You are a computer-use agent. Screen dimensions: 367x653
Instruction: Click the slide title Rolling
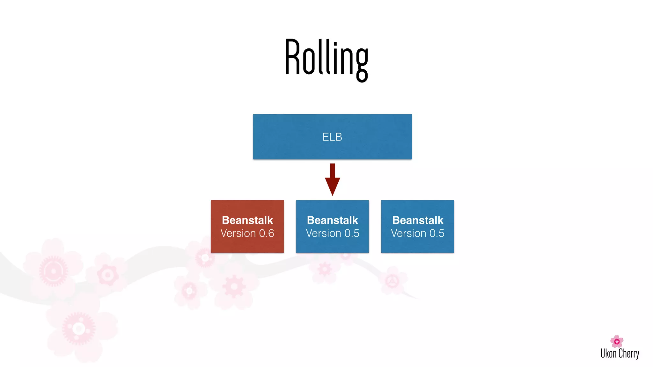point(326,59)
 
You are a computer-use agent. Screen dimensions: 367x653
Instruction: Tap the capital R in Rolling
point(292,57)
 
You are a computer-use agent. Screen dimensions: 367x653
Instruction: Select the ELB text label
point(332,137)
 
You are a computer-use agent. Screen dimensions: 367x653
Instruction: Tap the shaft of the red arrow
point(332,170)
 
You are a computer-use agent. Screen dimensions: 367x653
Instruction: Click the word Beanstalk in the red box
point(247,220)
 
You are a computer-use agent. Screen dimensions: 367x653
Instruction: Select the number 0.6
point(267,234)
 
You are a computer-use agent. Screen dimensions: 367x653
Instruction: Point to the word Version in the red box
point(238,234)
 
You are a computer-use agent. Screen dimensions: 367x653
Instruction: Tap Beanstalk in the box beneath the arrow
point(332,220)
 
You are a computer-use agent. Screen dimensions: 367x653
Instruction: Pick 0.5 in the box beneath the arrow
point(352,234)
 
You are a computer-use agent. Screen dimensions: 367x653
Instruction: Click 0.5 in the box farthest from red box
point(437,234)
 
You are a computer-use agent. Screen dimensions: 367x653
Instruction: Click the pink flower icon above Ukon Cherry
point(617,341)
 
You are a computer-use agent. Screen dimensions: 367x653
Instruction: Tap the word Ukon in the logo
point(608,354)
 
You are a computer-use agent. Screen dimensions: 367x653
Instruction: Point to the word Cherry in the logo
point(629,354)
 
